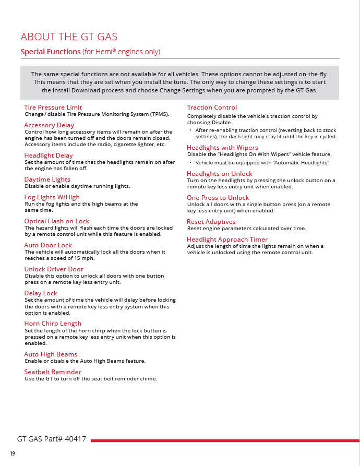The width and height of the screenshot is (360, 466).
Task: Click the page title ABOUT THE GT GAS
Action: tap(69, 37)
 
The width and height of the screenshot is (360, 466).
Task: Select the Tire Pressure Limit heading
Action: tap(53, 107)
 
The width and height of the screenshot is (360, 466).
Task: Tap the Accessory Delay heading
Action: tap(49, 125)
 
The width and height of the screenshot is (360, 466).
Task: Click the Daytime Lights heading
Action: tap(47, 180)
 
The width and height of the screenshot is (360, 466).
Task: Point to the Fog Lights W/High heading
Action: tap(52, 197)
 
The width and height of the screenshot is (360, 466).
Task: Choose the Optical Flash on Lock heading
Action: tap(56, 221)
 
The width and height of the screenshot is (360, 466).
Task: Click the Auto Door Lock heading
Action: tap(48, 245)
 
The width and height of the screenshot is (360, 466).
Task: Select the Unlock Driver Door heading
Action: tap(54, 269)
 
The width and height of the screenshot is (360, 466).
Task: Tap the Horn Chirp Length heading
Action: tap(53, 324)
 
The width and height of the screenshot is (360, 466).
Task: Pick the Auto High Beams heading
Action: tap(51, 354)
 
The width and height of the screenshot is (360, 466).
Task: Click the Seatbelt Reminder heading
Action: tap(53, 372)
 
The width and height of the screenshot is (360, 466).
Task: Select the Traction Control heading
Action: tap(212, 107)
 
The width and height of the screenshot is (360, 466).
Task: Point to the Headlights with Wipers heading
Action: tap(222, 148)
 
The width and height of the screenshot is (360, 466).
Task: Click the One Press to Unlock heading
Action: tap(218, 198)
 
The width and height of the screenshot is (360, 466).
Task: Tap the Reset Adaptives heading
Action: tap(211, 222)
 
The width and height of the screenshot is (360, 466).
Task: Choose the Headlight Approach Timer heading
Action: tap(227, 240)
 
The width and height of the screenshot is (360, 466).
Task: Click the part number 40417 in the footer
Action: tap(75, 439)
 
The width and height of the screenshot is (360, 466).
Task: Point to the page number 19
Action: tap(12, 454)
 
